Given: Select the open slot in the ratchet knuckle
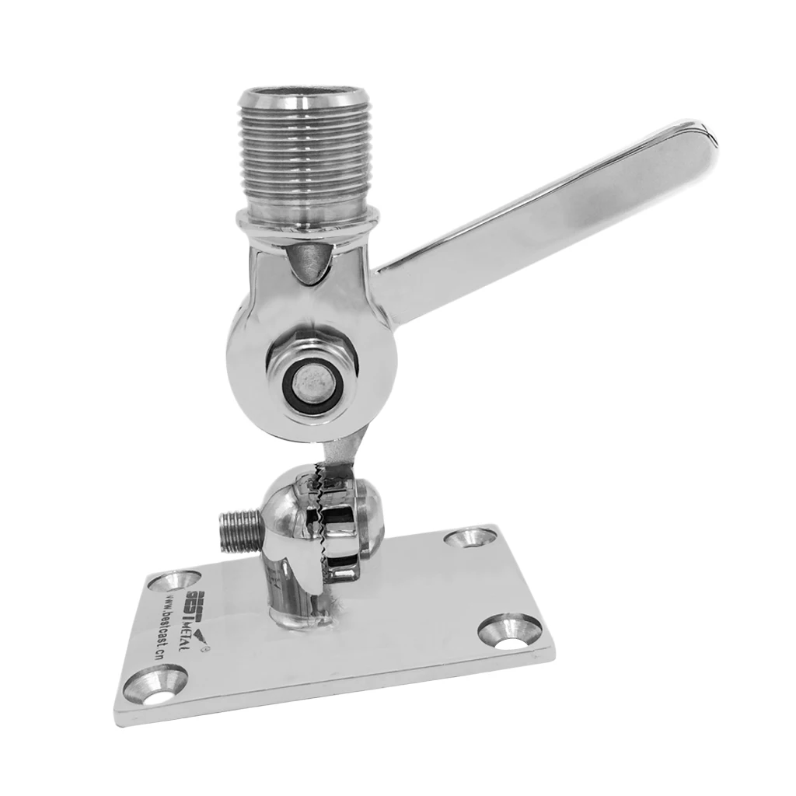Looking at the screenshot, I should (x=337, y=550).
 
